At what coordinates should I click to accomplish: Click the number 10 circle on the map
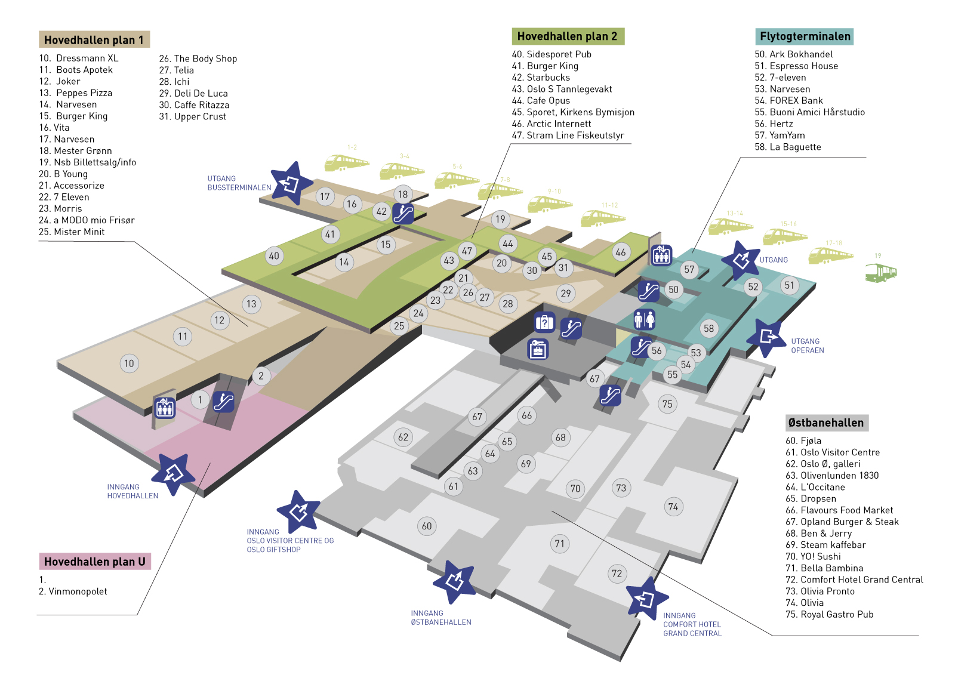pyautogui.click(x=129, y=363)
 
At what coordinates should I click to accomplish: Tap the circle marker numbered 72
pyautogui.click(x=617, y=574)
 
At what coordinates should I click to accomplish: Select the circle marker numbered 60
pyautogui.click(x=426, y=526)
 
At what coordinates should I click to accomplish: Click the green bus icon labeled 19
pyautogui.click(x=880, y=273)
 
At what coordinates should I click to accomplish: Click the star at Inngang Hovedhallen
pyautogui.click(x=173, y=474)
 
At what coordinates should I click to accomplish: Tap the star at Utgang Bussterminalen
pyautogui.click(x=291, y=183)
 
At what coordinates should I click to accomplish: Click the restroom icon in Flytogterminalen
pyautogui.click(x=644, y=319)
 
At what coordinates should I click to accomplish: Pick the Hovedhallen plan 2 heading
pyautogui.click(x=568, y=36)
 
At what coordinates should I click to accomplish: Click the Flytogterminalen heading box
pyautogui.click(x=804, y=36)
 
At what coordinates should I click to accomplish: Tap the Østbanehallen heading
pyautogui.click(x=825, y=423)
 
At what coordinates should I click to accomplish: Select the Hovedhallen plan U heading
pyautogui.click(x=94, y=562)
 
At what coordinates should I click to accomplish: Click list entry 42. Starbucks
pyautogui.click(x=541, y=78)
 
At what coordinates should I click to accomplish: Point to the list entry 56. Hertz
pyautogui.click(x=774, y=124)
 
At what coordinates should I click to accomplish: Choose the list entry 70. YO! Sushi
pyautogui.click(x=813, y=556)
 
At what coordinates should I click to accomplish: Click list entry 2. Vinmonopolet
pyautogui.click(x=73, y=591)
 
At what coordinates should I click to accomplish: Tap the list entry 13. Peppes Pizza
pyautogui.click(x=76, y=93)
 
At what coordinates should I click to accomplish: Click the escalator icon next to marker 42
pyautogui.click(x=403, y=213)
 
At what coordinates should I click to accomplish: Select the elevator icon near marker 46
pyautogui.click(x=661, y=255)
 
